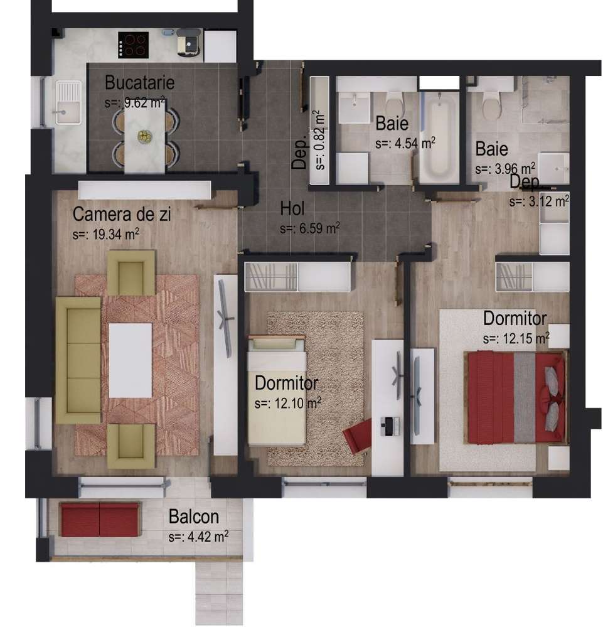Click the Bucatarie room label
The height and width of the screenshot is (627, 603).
[139, 82]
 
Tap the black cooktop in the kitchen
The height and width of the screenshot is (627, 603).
[133, 44]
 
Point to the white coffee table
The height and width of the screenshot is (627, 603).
[131, 360]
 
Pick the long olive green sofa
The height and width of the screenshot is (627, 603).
[78, 360]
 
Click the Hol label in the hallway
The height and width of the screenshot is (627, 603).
[293, 208]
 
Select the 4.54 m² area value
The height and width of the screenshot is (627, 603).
[405, 142]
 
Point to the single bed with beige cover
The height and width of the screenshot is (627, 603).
[277, 390]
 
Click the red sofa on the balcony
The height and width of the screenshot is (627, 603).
[100, 519]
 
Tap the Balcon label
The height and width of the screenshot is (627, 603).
[194, 517]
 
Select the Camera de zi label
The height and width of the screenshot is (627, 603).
[122, 215]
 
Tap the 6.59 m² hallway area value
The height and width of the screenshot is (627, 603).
[310, 228]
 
